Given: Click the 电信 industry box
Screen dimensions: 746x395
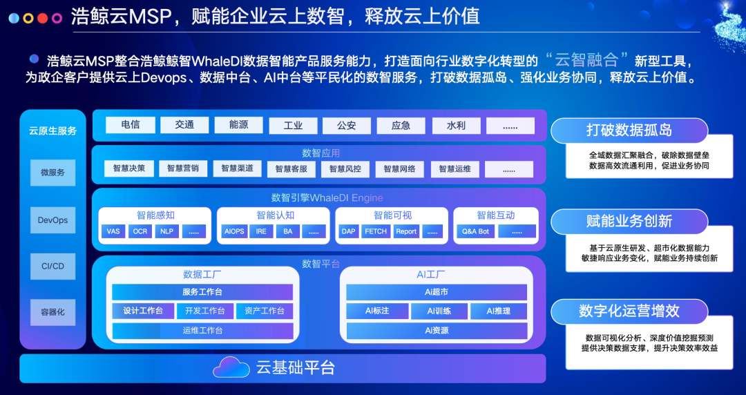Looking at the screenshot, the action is coord(131,125).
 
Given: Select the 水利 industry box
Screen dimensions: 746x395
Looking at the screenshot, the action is coord(457,126).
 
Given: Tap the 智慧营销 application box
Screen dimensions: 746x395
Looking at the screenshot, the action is coord(183,168).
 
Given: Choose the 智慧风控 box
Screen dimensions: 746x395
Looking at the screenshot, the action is coord(345,169).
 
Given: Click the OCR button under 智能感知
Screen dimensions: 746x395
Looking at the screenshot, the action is coord(140,231).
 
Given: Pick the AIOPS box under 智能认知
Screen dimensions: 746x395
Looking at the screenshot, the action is coord(234,231).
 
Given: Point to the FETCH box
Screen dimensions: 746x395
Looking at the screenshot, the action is coord(376,231).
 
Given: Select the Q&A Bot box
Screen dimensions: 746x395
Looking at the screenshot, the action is coord(476,231).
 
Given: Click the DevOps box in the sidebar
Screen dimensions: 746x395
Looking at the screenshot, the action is coord(52,220).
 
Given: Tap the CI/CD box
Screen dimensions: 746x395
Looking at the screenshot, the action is coord(52,266).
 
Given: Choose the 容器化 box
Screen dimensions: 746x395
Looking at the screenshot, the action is coord(52,312).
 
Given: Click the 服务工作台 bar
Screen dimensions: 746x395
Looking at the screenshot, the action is coord(202,291).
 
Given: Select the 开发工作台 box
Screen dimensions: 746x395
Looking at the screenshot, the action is coord(205,311).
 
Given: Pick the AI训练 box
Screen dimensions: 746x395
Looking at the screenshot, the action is coord(439,311).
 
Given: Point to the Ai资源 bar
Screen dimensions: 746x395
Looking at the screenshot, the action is coord(437,330).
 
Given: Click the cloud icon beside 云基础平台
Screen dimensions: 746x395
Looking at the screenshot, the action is coord(231,367).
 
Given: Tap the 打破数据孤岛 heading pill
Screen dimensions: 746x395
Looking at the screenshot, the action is coord(629,131).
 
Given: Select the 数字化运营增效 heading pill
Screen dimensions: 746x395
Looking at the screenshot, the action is coord(629,311).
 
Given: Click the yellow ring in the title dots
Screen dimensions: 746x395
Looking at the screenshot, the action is coord(28,19).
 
